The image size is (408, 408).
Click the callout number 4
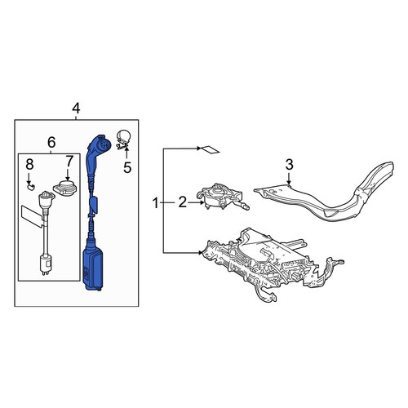click(76, 109)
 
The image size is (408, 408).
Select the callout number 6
click(51, 142)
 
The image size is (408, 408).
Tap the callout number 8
click(29, 165)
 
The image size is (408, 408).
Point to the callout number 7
click(69, 162)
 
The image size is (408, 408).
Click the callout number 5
click(127, 167)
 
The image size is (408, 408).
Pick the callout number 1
click(155, 203)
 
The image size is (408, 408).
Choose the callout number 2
click(183, 203)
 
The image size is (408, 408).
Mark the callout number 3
click(289, 165)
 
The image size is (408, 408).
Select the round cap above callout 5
click(123, 138)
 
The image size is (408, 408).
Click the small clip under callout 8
click(32, 186)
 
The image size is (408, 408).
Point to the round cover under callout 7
click(65, 188)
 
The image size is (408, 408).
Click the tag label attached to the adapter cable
click(32, 215)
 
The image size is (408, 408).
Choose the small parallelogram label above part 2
click(210, 149)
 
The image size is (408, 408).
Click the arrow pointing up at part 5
click(126, 153)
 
